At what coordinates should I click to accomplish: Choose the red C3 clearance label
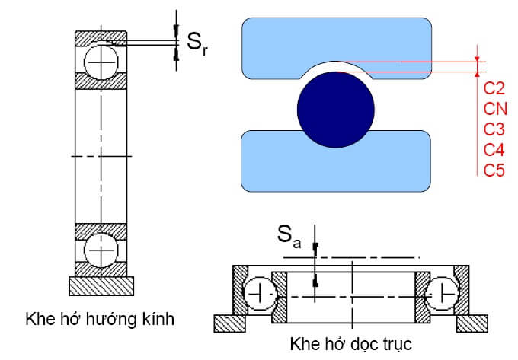pyautogui.click(x=494, y=128)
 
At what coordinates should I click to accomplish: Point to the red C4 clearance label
pyautogui.click(x=494, y=148)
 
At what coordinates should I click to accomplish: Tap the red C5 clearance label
pyautogui.click(x=494, y=169)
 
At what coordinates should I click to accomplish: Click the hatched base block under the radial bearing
pyautogui.click(x=102, y=285)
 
